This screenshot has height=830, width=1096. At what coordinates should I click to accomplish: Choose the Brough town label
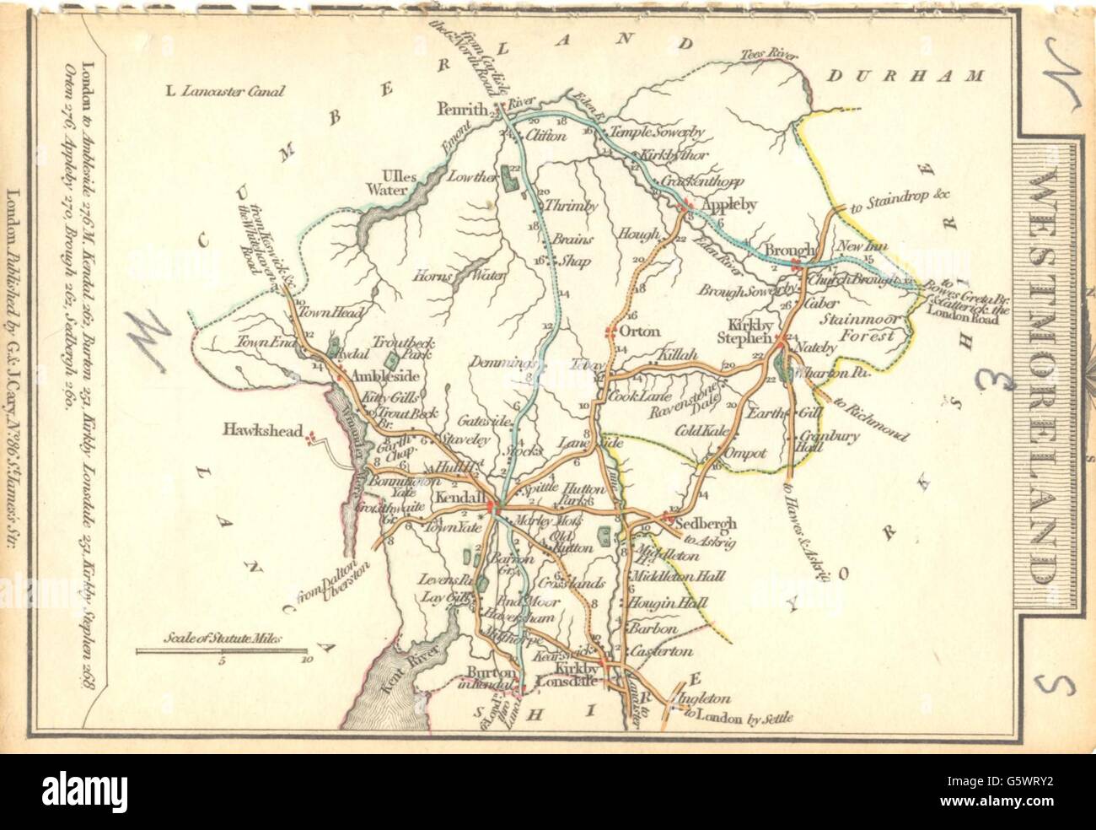coord(789,251)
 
